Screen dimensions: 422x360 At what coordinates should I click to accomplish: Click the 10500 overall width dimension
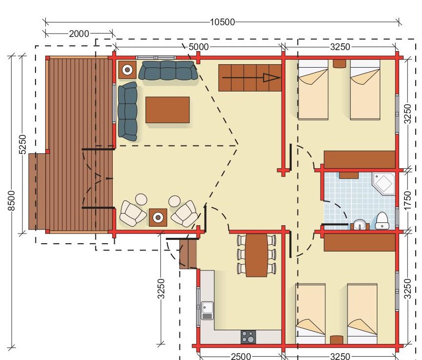pos(222,22)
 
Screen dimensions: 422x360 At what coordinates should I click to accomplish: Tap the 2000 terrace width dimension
pos(79,34)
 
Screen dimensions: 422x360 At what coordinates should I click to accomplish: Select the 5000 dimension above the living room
pos(199,47)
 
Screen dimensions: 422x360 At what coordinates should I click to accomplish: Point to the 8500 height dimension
pos(11,201)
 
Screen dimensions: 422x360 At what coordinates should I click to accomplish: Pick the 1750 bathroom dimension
pos(408,200)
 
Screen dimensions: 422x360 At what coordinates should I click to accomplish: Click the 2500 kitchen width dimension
pos(241,356)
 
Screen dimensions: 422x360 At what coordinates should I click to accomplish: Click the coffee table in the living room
pos(167,110)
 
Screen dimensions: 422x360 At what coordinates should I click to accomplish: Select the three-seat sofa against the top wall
pos(168,70)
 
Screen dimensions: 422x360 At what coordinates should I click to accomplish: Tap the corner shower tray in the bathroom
pos(384,184)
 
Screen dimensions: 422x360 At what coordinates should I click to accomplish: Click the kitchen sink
pos(207,310)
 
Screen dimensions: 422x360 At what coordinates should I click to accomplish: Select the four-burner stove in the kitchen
pos(248,337)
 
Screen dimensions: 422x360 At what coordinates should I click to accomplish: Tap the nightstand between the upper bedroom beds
pos(339,63)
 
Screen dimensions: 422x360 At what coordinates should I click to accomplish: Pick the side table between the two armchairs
pos(158,217)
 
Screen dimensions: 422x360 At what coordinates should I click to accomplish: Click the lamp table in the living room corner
pos(127,70)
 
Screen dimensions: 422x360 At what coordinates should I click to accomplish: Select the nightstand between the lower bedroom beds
pos(336,340)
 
